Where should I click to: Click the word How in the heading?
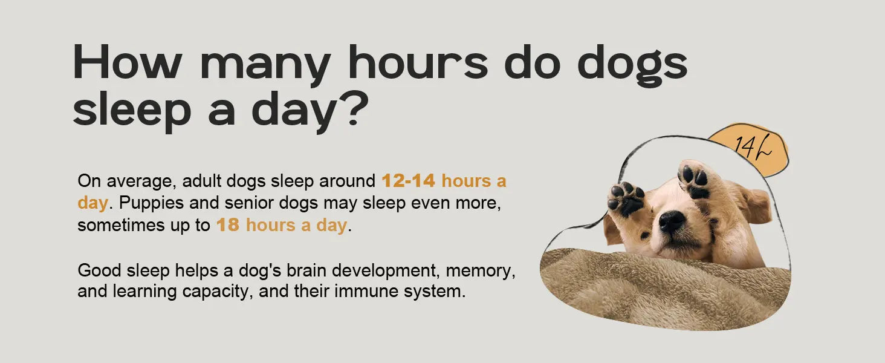click(127, 62)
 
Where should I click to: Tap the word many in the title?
click(265, 66)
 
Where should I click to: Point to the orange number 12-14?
click(408, 181)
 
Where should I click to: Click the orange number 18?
click(227, 224)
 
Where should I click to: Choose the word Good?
click(99, 270)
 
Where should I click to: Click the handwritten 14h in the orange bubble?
click(753, 146)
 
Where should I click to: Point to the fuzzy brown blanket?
click(664, 293)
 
